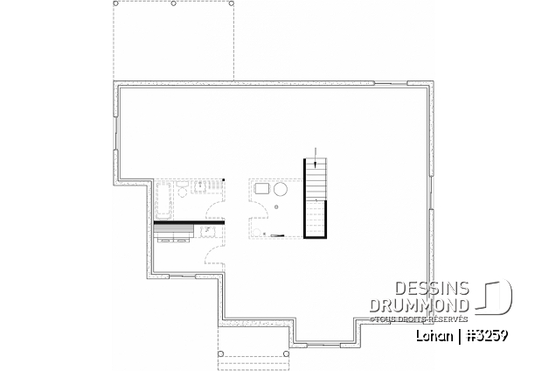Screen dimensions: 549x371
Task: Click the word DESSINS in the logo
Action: tap(433, 288)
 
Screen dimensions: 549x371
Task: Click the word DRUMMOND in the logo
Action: tap(420, 304)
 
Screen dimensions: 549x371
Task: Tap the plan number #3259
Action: tap(488, 336)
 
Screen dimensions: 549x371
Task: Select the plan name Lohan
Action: tap(434, 336)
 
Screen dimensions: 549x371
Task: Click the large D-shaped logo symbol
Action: tap(496, 297)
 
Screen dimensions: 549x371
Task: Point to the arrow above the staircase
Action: tap(316, 157)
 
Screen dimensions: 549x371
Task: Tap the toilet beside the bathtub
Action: tap(182, 190)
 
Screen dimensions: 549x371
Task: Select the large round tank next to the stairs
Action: tap(281, 189)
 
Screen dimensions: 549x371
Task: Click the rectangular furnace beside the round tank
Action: tap(262, 189)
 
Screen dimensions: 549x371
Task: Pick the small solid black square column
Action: tap(224, 180)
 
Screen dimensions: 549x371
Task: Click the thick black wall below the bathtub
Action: tap(189, 222)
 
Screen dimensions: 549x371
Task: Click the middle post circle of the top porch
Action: tap(173, 3)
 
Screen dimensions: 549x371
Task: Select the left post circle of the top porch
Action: tap(116, 3)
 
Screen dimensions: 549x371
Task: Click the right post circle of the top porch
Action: tap(231, 3)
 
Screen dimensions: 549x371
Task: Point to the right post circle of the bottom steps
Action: tap(286, 353)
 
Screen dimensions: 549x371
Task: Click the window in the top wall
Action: tap(391, 83)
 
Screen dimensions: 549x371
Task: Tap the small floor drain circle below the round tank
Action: tap(276, 207)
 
